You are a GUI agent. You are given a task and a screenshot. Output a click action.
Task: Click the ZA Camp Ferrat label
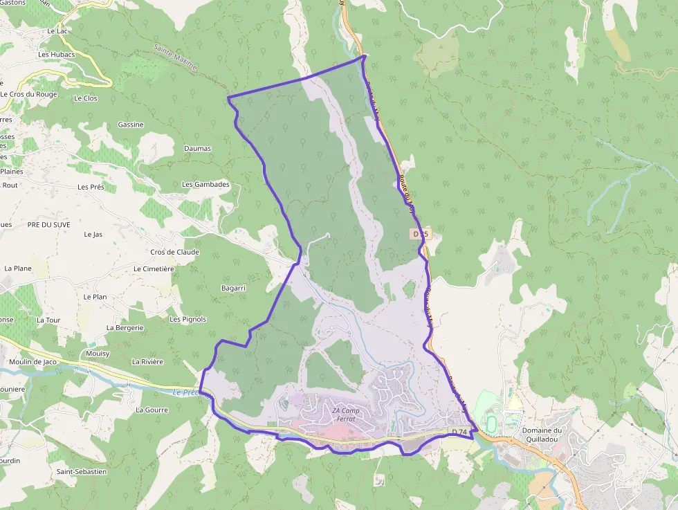346,415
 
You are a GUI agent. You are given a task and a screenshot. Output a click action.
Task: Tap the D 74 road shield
460,432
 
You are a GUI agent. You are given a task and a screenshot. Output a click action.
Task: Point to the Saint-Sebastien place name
82,471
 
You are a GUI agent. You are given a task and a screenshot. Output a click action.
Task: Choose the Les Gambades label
205,185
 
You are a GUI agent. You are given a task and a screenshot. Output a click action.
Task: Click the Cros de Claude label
174,252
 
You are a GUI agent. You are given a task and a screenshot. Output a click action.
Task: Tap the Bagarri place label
233,287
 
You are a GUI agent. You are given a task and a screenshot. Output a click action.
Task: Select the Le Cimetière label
154,268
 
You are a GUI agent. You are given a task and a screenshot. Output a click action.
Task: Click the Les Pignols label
187,319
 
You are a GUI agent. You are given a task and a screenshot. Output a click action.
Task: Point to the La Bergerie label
125,327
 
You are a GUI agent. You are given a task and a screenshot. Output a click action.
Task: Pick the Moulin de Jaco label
33,361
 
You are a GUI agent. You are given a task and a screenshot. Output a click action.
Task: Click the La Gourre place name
152,410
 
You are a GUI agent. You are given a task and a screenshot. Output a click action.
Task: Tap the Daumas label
198,148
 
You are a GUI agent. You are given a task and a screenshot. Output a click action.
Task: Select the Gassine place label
131,125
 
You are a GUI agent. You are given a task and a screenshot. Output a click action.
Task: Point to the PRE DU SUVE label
49,225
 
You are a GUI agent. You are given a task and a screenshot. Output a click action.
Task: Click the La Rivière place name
147,361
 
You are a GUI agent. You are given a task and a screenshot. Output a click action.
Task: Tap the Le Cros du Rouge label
29,94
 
